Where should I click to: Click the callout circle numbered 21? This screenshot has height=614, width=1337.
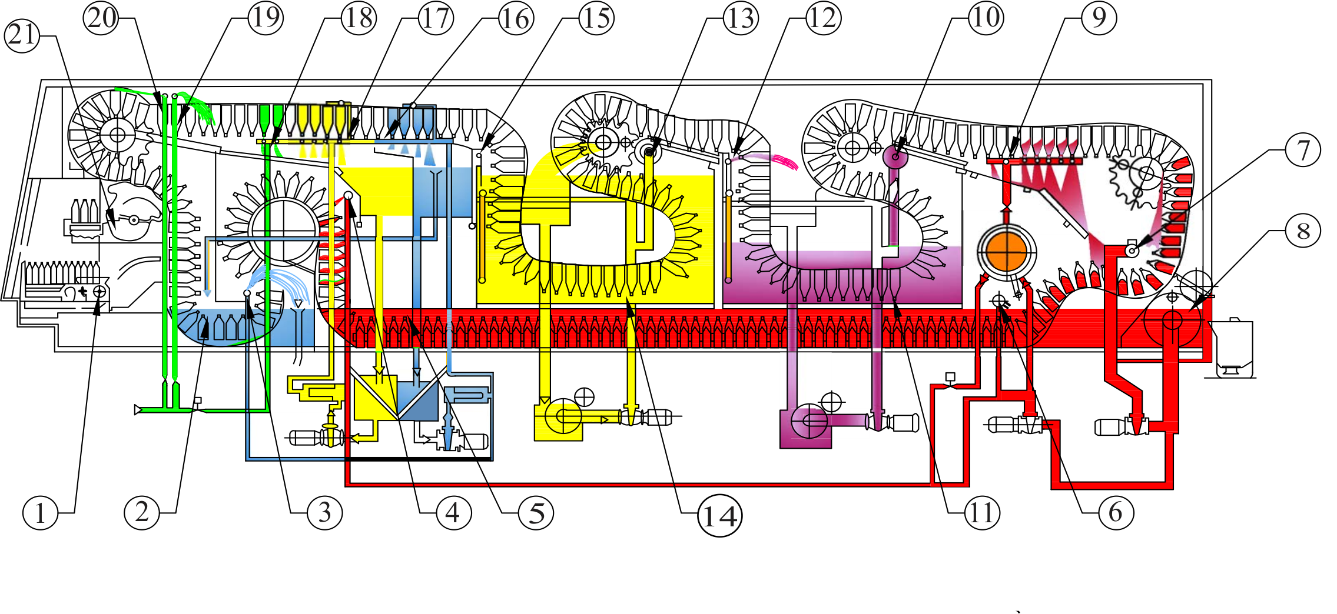click(22, 35)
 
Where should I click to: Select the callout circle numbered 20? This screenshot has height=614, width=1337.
click(101, 18)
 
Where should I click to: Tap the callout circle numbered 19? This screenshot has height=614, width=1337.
click(266, 18)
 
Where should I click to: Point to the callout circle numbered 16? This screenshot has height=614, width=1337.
click(516, 19)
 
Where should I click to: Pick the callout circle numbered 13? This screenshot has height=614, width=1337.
click(741, 18)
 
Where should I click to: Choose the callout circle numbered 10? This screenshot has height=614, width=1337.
click(986, 18)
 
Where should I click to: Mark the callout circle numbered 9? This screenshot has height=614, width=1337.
click(1099, 18)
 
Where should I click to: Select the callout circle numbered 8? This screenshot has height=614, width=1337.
click(1303, 231)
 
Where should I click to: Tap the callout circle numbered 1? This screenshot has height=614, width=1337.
click(40, 512)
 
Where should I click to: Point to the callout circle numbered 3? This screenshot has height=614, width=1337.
click(324, 512)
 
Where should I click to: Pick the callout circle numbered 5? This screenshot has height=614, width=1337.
click(536, 512)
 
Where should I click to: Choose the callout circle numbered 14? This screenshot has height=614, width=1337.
click(719, 516)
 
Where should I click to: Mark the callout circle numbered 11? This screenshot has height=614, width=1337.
click(981, 512)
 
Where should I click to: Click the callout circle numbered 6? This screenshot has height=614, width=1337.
click(1116, 512)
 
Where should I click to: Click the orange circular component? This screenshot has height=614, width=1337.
click(1006, 252)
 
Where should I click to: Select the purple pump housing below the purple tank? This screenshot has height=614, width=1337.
click(805, 425)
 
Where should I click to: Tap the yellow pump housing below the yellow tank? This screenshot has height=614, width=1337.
click(559, 419)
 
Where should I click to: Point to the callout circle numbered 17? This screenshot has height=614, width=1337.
click(436, 18)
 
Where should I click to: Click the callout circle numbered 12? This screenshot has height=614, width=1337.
click(823, 18)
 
